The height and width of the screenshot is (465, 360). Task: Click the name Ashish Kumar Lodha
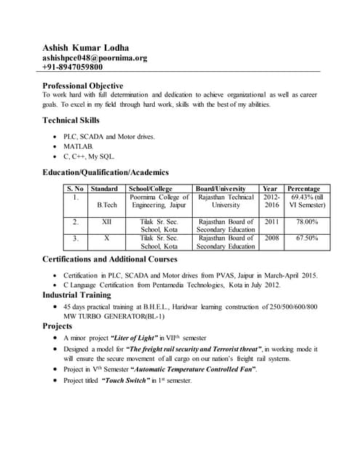87,48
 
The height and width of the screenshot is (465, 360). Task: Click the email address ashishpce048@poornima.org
95,57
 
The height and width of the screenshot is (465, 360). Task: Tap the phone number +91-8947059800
72,67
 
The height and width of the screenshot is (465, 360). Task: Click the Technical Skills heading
71,120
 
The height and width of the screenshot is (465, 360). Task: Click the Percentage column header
303,188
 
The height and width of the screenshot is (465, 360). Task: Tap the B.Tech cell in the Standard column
107,206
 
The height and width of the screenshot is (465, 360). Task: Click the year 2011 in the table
271,222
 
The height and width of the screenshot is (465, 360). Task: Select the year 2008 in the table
271,238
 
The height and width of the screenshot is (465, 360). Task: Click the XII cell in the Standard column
107,222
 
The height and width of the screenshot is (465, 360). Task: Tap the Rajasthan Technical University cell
225,201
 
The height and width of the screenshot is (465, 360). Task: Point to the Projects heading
57,326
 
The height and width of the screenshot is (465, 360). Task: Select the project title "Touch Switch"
127,380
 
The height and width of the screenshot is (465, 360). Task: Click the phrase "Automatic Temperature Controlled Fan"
193,370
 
